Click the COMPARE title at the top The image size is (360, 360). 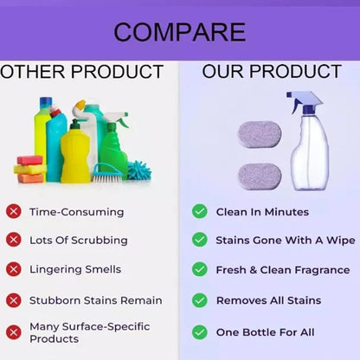179,32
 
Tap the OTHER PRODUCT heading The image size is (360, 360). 82,71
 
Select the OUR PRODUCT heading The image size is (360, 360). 271,71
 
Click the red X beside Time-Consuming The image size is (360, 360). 13,211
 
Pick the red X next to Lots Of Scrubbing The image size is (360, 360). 13,240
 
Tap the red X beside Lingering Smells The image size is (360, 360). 13,269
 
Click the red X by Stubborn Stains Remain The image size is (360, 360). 13,300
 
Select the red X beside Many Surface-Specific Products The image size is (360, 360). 13,331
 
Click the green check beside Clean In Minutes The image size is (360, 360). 199,211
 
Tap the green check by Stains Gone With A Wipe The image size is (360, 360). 199,240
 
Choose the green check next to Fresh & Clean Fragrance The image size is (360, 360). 199,270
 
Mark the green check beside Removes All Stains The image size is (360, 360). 199,300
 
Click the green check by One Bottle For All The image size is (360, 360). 199,331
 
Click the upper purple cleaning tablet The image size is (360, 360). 259,134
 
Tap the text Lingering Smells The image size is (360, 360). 76,270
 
